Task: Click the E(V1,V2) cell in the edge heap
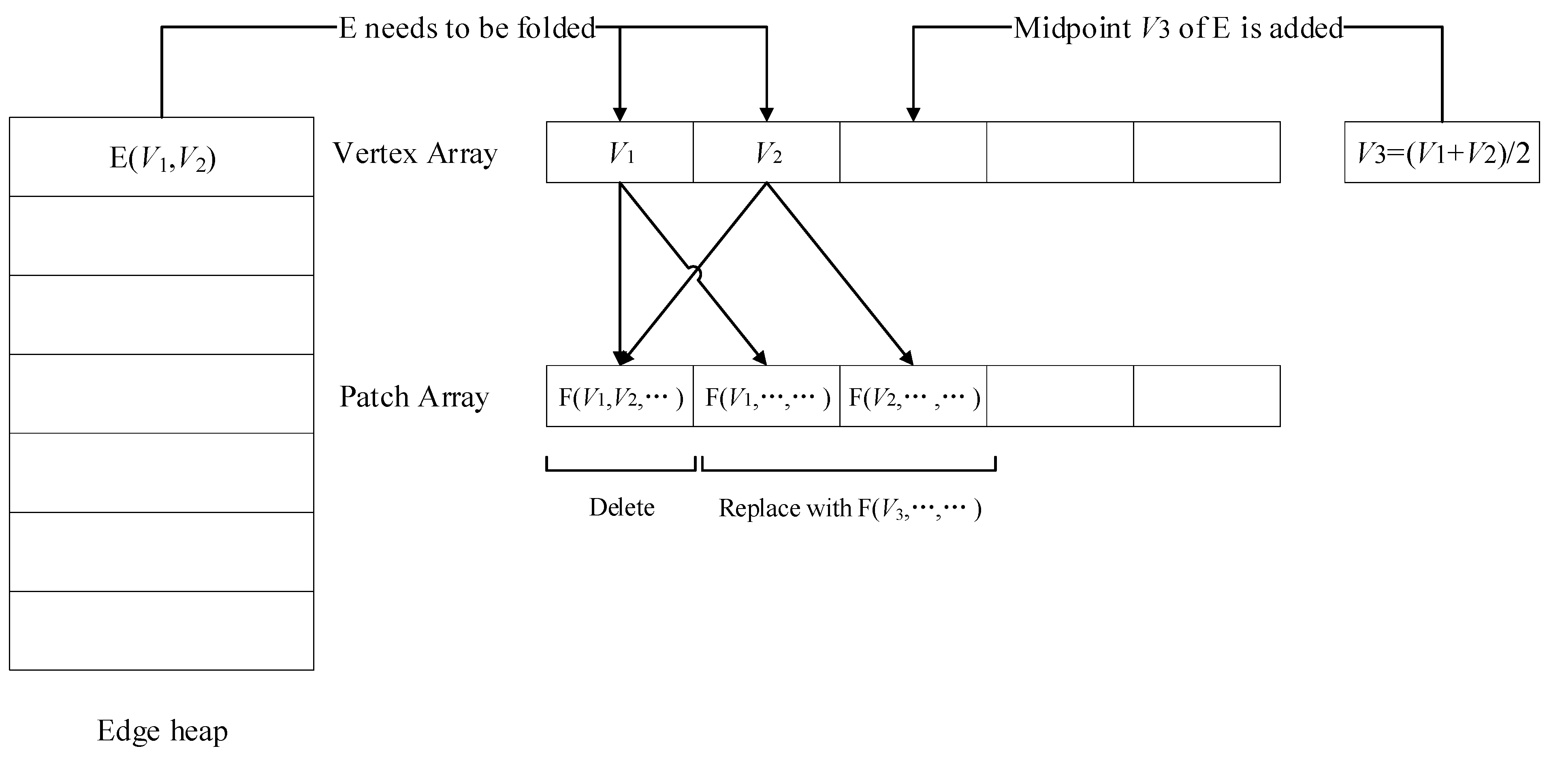point(162,157)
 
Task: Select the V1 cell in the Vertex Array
point(620,153)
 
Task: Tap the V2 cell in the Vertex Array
point(766,153)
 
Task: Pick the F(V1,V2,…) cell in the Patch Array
point(620,396)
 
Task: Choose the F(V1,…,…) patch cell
point(766,396)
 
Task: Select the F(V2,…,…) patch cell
point(913,396)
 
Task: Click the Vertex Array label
point(415,153)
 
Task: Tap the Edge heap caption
point(162,731)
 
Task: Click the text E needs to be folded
point(467,28)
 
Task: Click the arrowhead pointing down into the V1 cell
point(620,114)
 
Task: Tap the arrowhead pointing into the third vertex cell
point(913,114)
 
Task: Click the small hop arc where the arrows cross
point(696,273)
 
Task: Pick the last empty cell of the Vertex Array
point(1206,153)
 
